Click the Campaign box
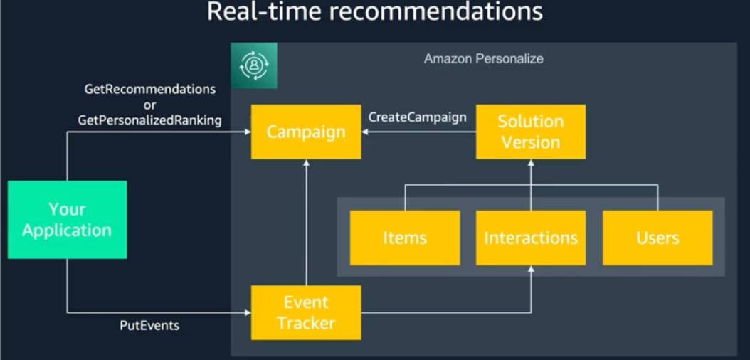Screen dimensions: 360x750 coord(306,132)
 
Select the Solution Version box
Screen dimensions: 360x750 coord(531,132)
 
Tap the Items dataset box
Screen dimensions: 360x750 coord(405,238)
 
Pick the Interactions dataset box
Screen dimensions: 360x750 coord(531,238)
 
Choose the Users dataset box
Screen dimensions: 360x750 coord(657,238)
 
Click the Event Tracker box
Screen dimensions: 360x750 coord(306,312)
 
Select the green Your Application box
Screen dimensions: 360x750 coord(67,219)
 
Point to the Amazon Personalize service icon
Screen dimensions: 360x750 coord(254,65)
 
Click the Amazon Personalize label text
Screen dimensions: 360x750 coord(484,59)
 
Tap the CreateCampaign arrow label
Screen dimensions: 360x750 coord(418,117)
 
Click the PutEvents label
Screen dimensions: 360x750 coord(149,326)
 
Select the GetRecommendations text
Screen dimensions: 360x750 coord(150,90)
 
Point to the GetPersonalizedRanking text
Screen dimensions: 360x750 coord(150,121)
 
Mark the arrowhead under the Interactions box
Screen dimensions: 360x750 coord(531,270)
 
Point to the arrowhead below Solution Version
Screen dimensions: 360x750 coord(531,164)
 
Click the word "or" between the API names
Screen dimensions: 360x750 coord(149,105)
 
